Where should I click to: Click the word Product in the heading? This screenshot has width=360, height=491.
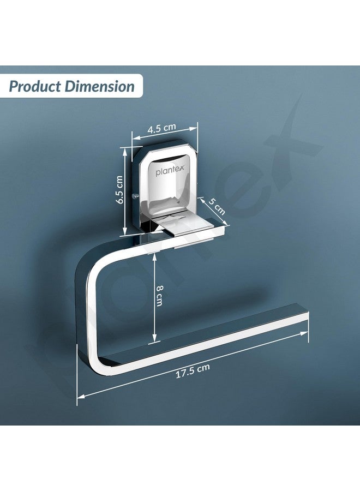35,86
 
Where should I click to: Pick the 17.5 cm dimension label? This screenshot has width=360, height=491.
192,373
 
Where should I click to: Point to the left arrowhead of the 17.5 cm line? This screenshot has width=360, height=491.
80,396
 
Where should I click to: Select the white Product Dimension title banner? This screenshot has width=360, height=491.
71,86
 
